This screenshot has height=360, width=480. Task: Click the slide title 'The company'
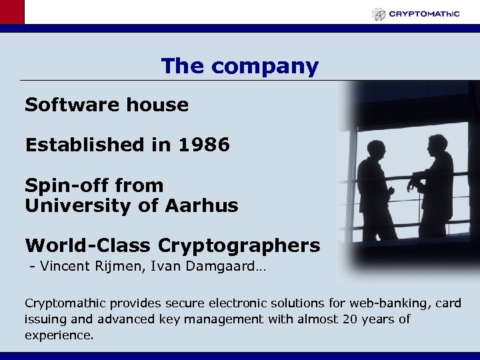[x=239, y=66]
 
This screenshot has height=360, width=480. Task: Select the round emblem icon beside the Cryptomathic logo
[x=379, y=14]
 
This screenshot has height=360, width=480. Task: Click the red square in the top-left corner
[x=12, y=12]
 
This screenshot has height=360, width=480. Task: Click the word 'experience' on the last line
[x=57, y=335]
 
